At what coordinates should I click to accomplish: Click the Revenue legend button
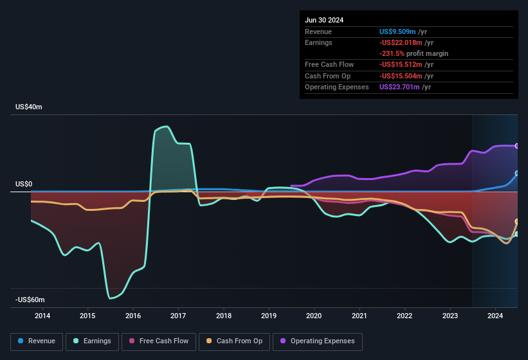(x=37, y=341)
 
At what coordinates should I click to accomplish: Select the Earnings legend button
(x=92, y=341)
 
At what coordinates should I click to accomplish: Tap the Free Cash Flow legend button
(x=159, y=341)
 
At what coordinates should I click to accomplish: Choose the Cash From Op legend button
(x=235, y=341)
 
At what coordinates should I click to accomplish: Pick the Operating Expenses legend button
(x=318, y=341)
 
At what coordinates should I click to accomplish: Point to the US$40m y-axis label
(x=29, y=107)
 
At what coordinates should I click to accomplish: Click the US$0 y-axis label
(x=24, y=184)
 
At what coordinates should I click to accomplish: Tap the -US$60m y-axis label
(x=30, y=300)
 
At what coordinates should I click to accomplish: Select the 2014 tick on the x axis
(x=42, y=316)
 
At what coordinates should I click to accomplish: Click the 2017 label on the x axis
(x=178, y=316)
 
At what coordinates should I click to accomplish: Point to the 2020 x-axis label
(x=314, y=316)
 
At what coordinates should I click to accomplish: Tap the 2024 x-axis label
(x=495, y=316)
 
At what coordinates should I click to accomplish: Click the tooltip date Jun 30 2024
(x=324, y=20)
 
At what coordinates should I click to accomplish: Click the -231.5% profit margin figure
(x=414, y=53)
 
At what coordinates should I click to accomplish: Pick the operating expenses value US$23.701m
(x=400, y=87)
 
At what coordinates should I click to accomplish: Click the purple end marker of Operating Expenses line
(x=517, y=146)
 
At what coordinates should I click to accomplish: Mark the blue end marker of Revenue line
(x=517, y=174)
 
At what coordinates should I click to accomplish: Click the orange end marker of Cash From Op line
(x=517, y=222)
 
